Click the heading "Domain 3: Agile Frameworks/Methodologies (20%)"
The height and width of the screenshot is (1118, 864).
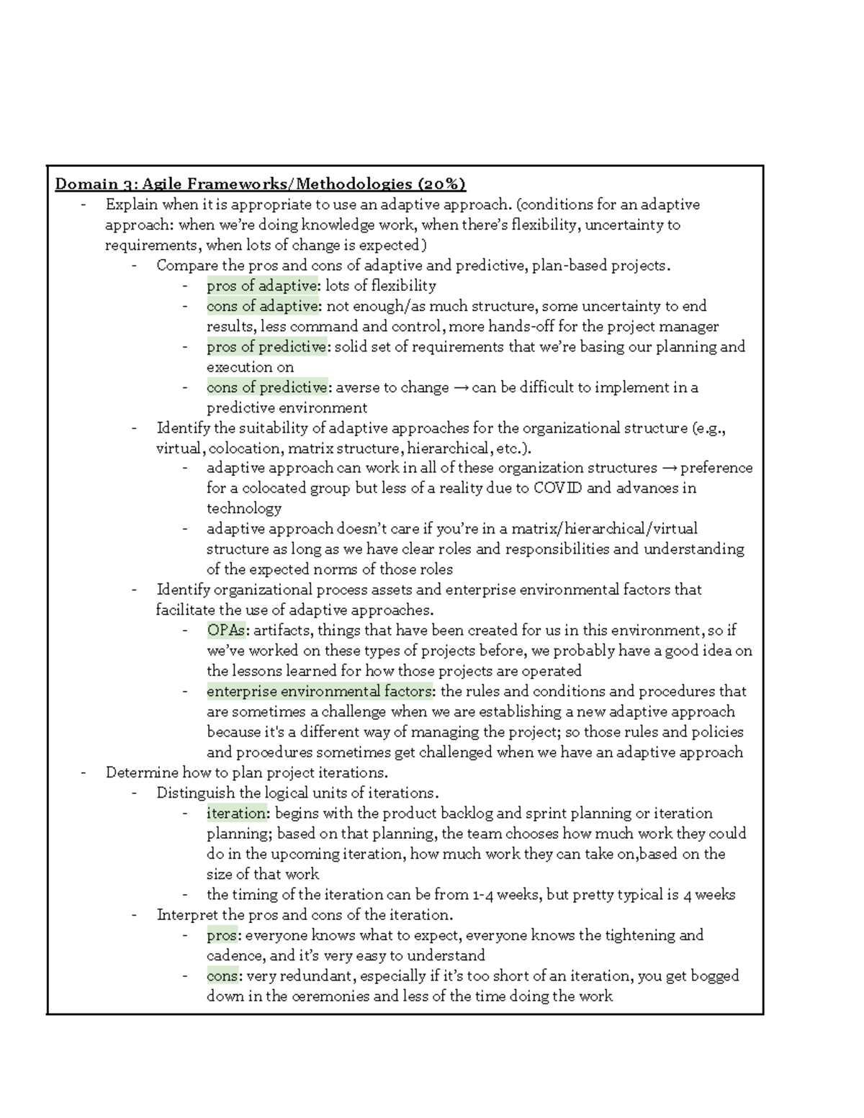click(261, 184)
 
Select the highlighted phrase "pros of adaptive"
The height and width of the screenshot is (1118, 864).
click(261, 286)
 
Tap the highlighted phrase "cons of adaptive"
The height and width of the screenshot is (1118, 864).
click(262, 306)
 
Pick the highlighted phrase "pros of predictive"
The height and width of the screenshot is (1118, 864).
click(266, 347)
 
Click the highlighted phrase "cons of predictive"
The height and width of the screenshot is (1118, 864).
click(267, 387)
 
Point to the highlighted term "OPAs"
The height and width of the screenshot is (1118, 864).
click(226, 631)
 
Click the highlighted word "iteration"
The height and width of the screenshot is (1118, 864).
click(237, 813)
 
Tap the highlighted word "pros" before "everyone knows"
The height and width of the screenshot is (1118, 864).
click(222, 936)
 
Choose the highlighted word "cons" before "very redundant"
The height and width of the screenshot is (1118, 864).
click(222, 976)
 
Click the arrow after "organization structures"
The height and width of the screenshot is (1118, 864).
click(669, 469)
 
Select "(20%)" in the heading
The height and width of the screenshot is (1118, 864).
click(439, 184)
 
